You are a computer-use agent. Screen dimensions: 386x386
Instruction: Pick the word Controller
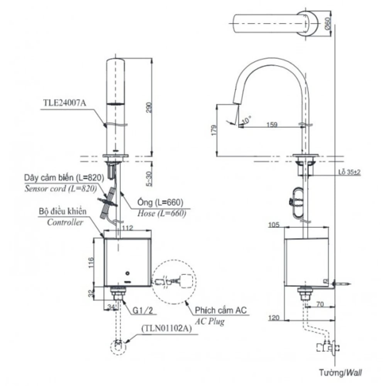[65, 222]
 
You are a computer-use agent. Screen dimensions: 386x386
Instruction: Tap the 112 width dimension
[127, 228]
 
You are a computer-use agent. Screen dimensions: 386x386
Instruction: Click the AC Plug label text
[210, 321]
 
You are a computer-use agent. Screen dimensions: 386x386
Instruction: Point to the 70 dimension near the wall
[319, 304]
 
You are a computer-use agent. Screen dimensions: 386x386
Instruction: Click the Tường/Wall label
[340, 373]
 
